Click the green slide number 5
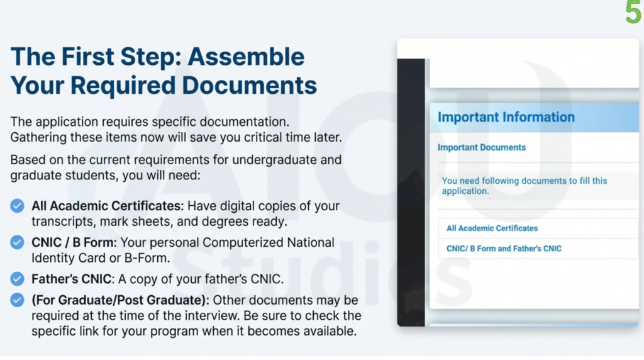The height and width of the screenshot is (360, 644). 633,13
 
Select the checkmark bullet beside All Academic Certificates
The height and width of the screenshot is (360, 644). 18,206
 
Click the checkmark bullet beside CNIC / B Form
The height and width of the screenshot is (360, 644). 18,242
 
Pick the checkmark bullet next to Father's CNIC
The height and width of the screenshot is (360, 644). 18,278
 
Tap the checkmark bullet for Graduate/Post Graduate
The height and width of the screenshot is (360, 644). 18,300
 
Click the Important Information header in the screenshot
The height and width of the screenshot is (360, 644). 506,117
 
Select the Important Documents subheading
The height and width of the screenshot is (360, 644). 481,147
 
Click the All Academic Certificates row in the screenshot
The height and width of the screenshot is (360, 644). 492,228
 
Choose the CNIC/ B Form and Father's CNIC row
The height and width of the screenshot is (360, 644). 504,249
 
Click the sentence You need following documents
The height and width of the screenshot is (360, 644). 525,185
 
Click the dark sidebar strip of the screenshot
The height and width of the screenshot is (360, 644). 412,189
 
